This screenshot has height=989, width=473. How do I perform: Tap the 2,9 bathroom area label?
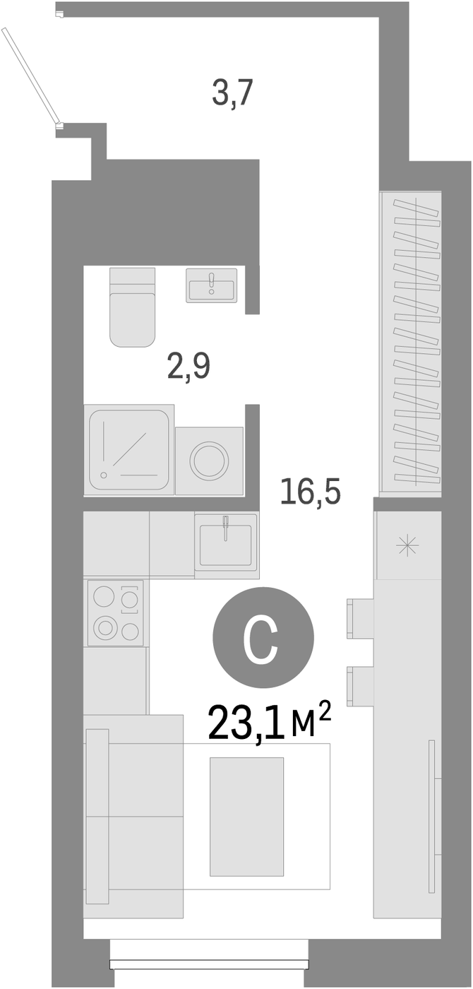pyautogui.click(x=188, y=367)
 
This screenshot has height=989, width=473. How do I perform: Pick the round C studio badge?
pyautogui.click(x=263, y=637)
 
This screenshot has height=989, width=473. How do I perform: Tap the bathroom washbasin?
pyautogui.click(x=212, y=285)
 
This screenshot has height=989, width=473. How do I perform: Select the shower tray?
pyautogui.click(x=129, y=449)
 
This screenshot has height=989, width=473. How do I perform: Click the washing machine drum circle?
pyautogui.click(x=209, y=461)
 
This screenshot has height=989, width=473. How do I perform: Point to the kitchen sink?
pyautogui.click(x=226, y=545)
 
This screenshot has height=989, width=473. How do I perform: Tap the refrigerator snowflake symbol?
pyautogui.click(x=407, y=545)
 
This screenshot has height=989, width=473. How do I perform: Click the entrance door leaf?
pyautogui.click(x=30, y=76)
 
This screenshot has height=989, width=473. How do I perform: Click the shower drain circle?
pyautogui.click(x=104, y=475)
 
